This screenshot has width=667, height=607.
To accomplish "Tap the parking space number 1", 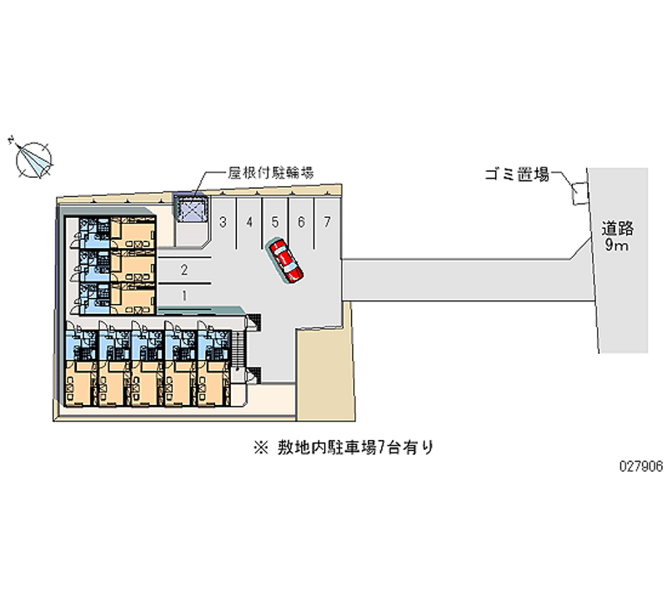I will coord(184,295).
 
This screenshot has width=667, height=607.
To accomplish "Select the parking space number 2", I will coord(184,269).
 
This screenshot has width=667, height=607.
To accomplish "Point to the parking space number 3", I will coord(223,222).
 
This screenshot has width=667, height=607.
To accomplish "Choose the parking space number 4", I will coord(249,222).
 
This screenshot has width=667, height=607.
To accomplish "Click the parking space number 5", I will coord(275,222).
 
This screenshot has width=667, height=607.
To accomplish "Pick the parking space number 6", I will coord(301,222).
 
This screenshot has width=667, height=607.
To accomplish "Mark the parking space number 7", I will coord(328,222).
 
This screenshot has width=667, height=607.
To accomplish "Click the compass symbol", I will coord(34,158).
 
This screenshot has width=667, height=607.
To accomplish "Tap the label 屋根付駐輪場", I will coord(271,174).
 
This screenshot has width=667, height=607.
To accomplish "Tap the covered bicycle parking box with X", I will coord(193,207).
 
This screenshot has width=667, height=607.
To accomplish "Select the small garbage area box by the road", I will coord(577,193).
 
